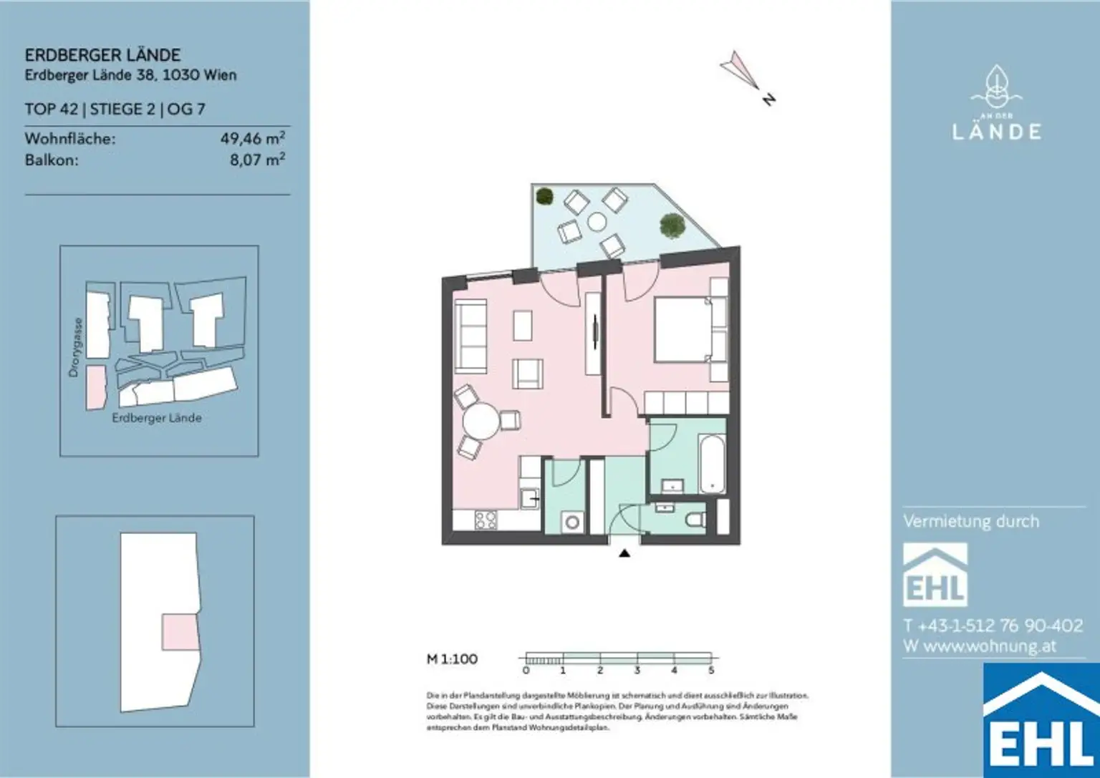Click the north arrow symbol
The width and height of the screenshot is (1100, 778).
(740, 70)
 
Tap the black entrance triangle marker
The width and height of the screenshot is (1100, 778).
(624, 553)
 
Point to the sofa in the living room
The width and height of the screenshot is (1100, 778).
(471, 334)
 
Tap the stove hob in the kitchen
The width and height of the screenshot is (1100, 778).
(486, 520)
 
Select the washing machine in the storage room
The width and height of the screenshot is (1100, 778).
(571, 522)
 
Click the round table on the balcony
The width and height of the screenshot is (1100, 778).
(597, 223)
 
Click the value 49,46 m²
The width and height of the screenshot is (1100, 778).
(252, 138)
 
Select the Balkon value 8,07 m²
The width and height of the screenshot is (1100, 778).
(257, 160)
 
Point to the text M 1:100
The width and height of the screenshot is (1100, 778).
(452, 658)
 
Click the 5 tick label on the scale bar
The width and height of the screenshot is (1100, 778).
(711, 671)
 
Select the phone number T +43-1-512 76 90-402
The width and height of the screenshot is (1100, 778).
(993, 626)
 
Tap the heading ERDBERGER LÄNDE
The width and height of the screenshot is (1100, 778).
(102, 55)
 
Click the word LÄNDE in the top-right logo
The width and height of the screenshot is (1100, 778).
(997, 132)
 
